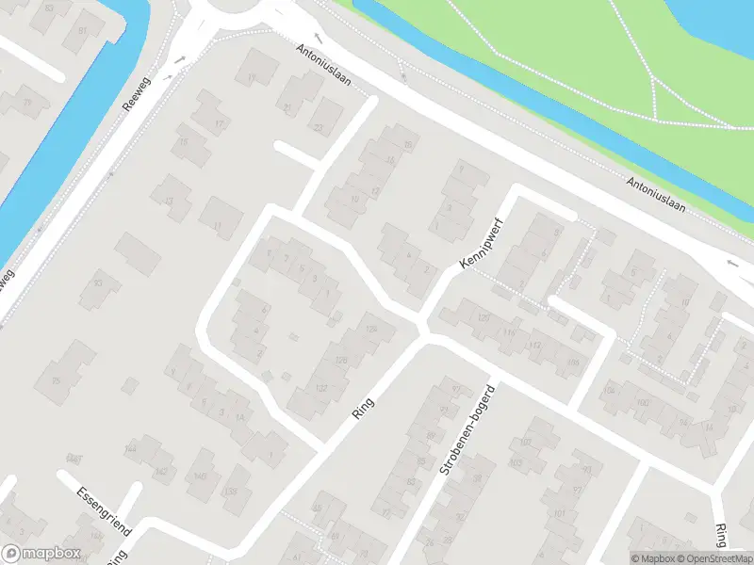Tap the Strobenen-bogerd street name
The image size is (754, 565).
coord(466,429)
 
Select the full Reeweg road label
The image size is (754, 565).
coord(138,94)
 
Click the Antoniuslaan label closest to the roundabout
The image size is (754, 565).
coord(323,65)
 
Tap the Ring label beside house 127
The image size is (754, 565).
coord(362,407)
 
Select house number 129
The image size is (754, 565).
coord(370,328)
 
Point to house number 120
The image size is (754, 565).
coord(484,318)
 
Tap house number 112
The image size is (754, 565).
coord(536,346)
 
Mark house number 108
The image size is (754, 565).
coord(573,362)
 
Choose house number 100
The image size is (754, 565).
coord(643,403)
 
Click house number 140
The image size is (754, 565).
coord(200,476)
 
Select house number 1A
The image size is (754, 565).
coord(240,417)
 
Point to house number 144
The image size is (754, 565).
coord(130,450)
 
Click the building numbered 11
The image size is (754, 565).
coord(218,226)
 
